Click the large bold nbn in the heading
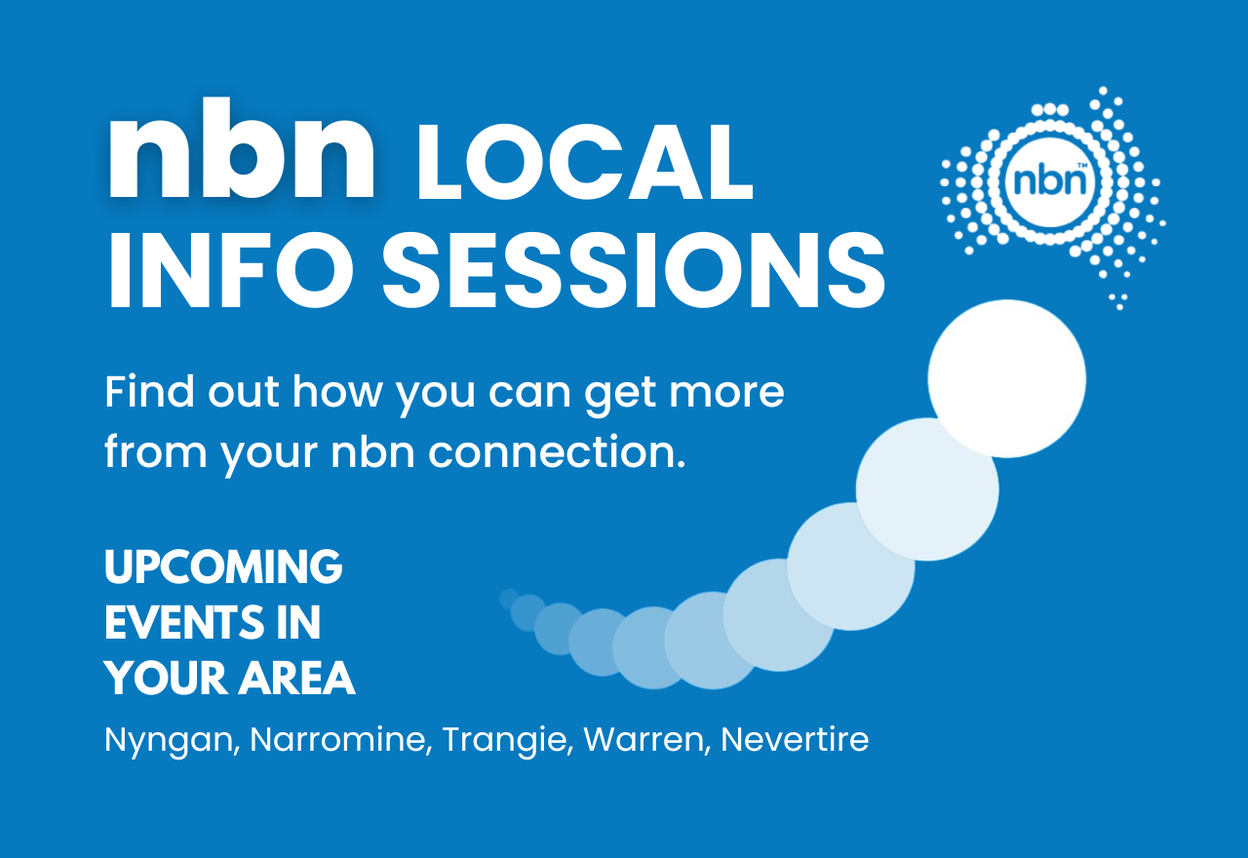[242, 153]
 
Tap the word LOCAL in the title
[584, 168]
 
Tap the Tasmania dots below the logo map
[1118, 300]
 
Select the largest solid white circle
[1006, 378]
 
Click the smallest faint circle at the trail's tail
[508, 598]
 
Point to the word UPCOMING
[223, 567]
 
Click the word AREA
[302, 679]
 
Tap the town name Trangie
[506, 740]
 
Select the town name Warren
[643, 740]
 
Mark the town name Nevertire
[794, 740]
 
